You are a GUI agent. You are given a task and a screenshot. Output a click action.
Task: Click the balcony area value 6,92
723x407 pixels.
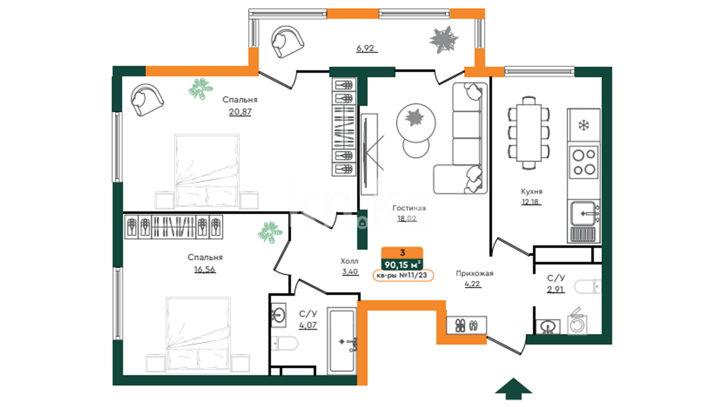coord(365,48)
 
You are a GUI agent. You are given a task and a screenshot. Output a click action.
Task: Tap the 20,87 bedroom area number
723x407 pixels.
coord(240,112)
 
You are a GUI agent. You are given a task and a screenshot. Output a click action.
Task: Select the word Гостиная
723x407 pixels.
coord(409,208)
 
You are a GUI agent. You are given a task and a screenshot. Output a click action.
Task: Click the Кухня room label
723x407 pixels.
coord(531,191)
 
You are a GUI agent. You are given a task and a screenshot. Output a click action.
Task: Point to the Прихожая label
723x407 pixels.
coord(474,274)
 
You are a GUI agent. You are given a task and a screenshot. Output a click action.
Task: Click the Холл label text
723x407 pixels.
coord(349,261)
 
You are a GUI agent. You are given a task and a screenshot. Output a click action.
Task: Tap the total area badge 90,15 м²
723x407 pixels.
coord(402,265)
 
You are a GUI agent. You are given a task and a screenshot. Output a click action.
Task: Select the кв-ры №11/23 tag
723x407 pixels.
coord(403,275)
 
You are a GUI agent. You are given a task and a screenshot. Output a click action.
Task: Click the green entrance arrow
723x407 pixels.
coord(513,389)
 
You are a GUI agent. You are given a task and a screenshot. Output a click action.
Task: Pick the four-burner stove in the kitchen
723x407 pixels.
coord(584,162)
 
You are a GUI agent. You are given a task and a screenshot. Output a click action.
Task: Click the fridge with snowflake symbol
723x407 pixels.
coord(584,125)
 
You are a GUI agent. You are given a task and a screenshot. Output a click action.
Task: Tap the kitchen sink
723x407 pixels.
coord(584,214)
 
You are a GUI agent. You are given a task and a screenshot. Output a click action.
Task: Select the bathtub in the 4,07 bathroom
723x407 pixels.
coord(342,341)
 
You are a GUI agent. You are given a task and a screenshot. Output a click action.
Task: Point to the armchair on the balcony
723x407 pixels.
coord(288,41)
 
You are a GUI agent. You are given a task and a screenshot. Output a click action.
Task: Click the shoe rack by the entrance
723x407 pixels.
coord(467,325)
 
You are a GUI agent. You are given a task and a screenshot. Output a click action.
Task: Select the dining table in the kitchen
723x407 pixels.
coord(529,133)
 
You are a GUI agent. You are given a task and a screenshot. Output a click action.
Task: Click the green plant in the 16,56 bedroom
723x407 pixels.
coord(270,232)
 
